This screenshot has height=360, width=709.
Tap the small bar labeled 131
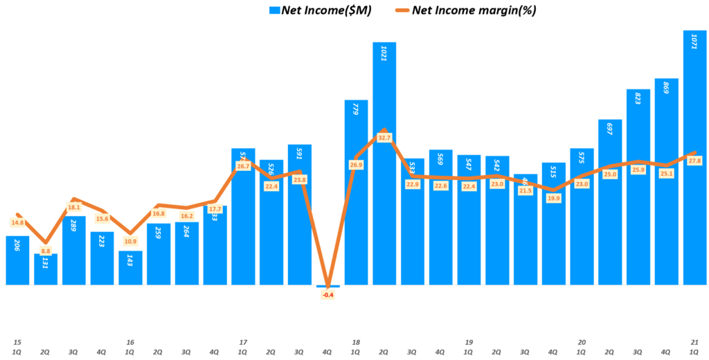tap(46, 270)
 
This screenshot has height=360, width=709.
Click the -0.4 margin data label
tap(327, 295)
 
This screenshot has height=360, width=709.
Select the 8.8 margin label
tap(46, 251)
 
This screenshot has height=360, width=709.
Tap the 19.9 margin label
tap(553, 198)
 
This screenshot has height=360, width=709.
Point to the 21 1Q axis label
tap(694, 347)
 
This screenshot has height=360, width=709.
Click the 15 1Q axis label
tap(17, 347)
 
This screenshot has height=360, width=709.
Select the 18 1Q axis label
tap(356, 347)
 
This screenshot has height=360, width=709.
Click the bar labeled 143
tap(130, 269)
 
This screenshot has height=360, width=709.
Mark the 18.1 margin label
tap(74, 207)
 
